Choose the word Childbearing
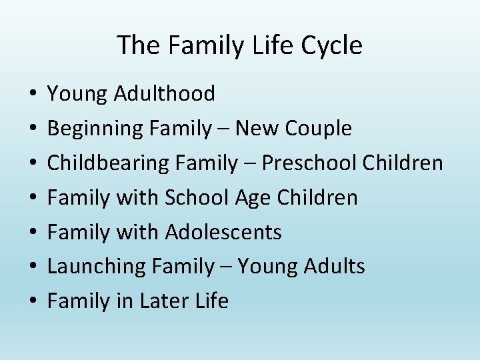coord(106,163)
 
